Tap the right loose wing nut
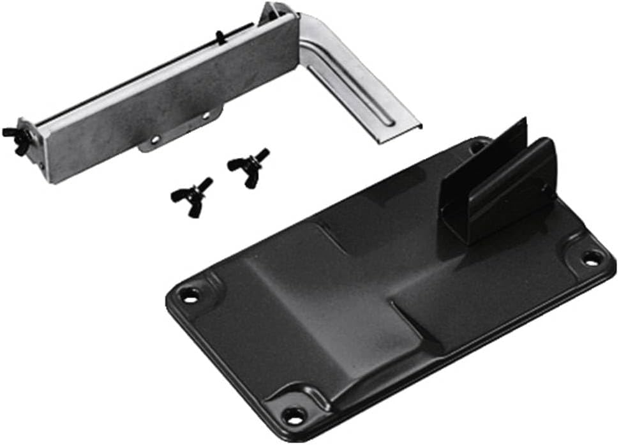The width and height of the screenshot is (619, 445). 248,166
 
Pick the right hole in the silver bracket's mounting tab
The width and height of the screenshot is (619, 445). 205,116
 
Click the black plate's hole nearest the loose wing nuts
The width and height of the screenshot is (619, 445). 190,295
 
